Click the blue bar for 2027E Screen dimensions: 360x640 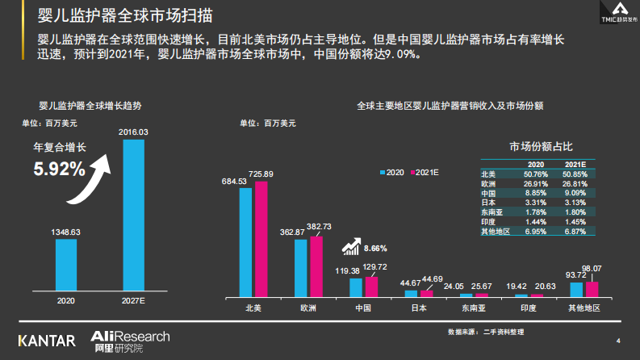point(133,214)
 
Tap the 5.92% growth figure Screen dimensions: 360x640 point(59,170)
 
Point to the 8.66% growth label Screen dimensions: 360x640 point(375,248)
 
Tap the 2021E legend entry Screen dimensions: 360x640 point(424,173)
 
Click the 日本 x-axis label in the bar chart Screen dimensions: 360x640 point(419,308)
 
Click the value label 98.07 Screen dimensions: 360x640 point(592,268)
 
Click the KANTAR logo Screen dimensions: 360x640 point(47,340)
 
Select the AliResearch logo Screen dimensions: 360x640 point(129,340)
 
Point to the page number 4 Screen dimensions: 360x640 point(617,340)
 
